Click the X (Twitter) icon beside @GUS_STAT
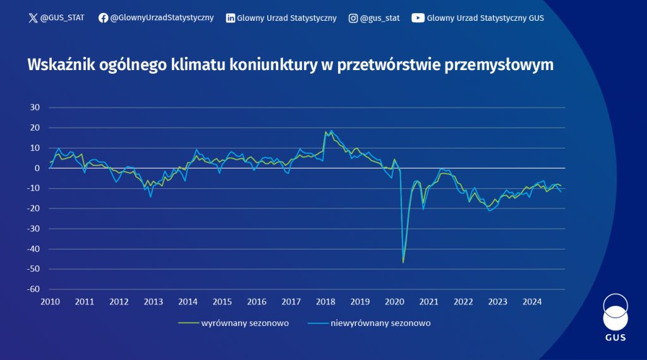click(33, 18)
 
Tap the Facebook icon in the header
click(104, 18)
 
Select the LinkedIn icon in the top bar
click(231, 18)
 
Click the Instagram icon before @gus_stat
click(353, 18)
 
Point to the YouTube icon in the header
click(418, 18)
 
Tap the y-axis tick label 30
click(35, 107)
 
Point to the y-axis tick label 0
click(38, 168)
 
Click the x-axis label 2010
click(50, 301)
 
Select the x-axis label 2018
click(325, 301)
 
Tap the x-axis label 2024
click(532, 301)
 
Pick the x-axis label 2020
click(394, 301)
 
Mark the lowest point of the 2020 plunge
click(403, 261)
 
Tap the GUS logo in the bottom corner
click(615, 318)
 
